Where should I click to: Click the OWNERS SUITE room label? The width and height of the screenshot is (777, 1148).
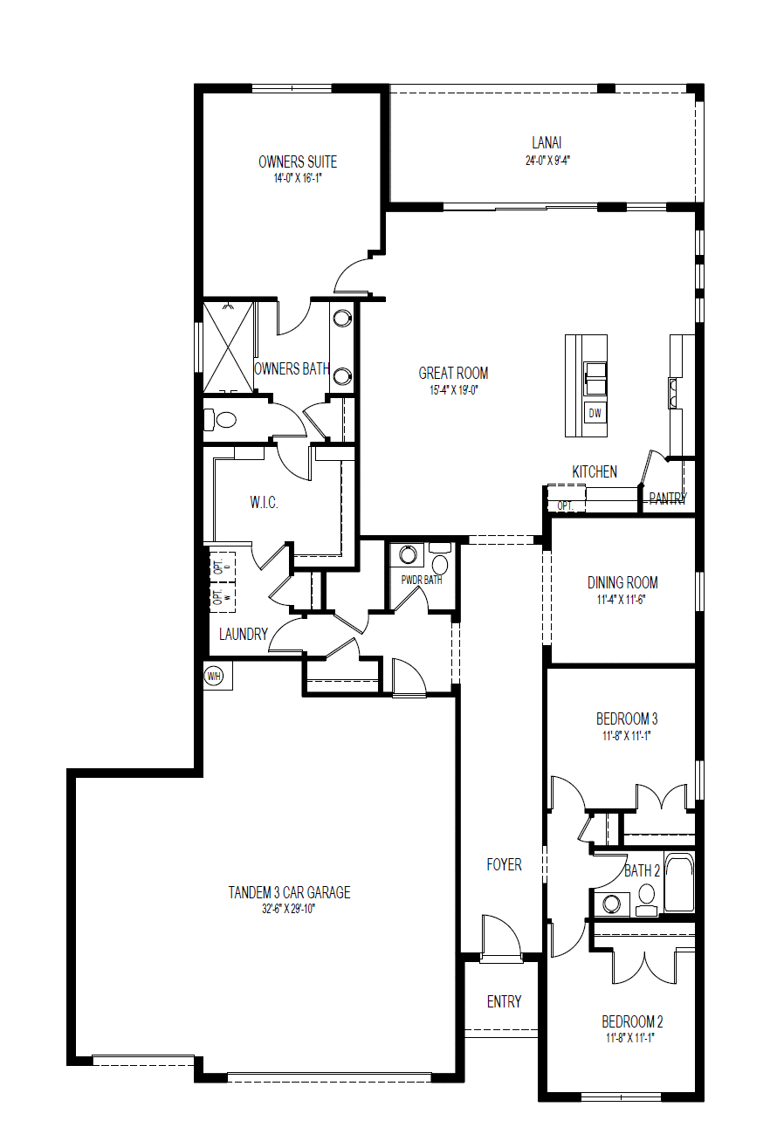[x=297, y=162]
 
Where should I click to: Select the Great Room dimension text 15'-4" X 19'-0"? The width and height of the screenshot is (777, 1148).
[x=453, y=391]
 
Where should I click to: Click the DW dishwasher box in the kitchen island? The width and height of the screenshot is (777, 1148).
[x=595, y=413]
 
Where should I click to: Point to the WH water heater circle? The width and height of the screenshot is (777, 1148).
[x=213, y=675]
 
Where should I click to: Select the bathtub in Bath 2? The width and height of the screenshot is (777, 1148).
[x=679, y=883]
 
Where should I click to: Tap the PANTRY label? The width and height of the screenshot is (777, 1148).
[x=667, y=498]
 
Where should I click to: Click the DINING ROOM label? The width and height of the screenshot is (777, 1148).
[x=622, y=582]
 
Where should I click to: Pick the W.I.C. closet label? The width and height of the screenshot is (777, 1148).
[x=264, y=503]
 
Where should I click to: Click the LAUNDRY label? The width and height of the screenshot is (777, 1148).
[x=244, y=634]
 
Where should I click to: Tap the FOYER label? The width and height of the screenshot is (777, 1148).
[x=504, y=864]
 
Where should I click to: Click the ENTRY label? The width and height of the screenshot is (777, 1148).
[x=504, y=1001]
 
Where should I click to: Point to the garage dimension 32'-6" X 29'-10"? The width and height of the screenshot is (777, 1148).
[x=289, y=909]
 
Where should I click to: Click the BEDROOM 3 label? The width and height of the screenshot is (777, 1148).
[x=626, y=718]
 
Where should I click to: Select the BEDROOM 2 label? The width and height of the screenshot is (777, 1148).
[x=632, y=1021]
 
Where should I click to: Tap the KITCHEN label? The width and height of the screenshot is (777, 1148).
[x=595, y=471]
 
